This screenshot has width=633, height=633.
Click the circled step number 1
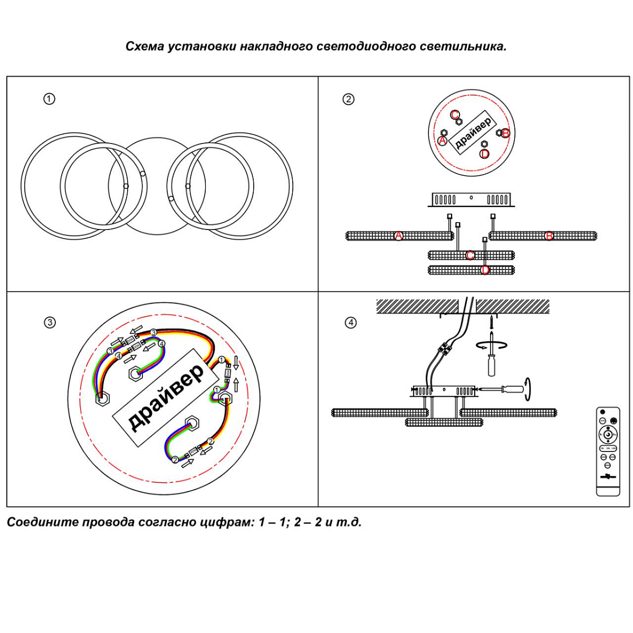49,99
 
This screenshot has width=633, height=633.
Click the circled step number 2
348,99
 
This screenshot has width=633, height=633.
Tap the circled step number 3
50,322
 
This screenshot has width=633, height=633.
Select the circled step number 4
350,322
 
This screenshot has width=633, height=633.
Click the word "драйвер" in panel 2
473,132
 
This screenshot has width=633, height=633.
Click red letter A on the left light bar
399,236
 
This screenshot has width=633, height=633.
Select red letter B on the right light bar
549,236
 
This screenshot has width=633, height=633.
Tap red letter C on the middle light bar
470,256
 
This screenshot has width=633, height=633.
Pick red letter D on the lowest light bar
485,270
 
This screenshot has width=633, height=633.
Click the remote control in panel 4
608,451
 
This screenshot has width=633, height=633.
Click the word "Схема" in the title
145,46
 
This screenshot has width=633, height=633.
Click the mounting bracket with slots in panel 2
471,199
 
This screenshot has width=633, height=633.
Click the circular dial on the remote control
608,435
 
